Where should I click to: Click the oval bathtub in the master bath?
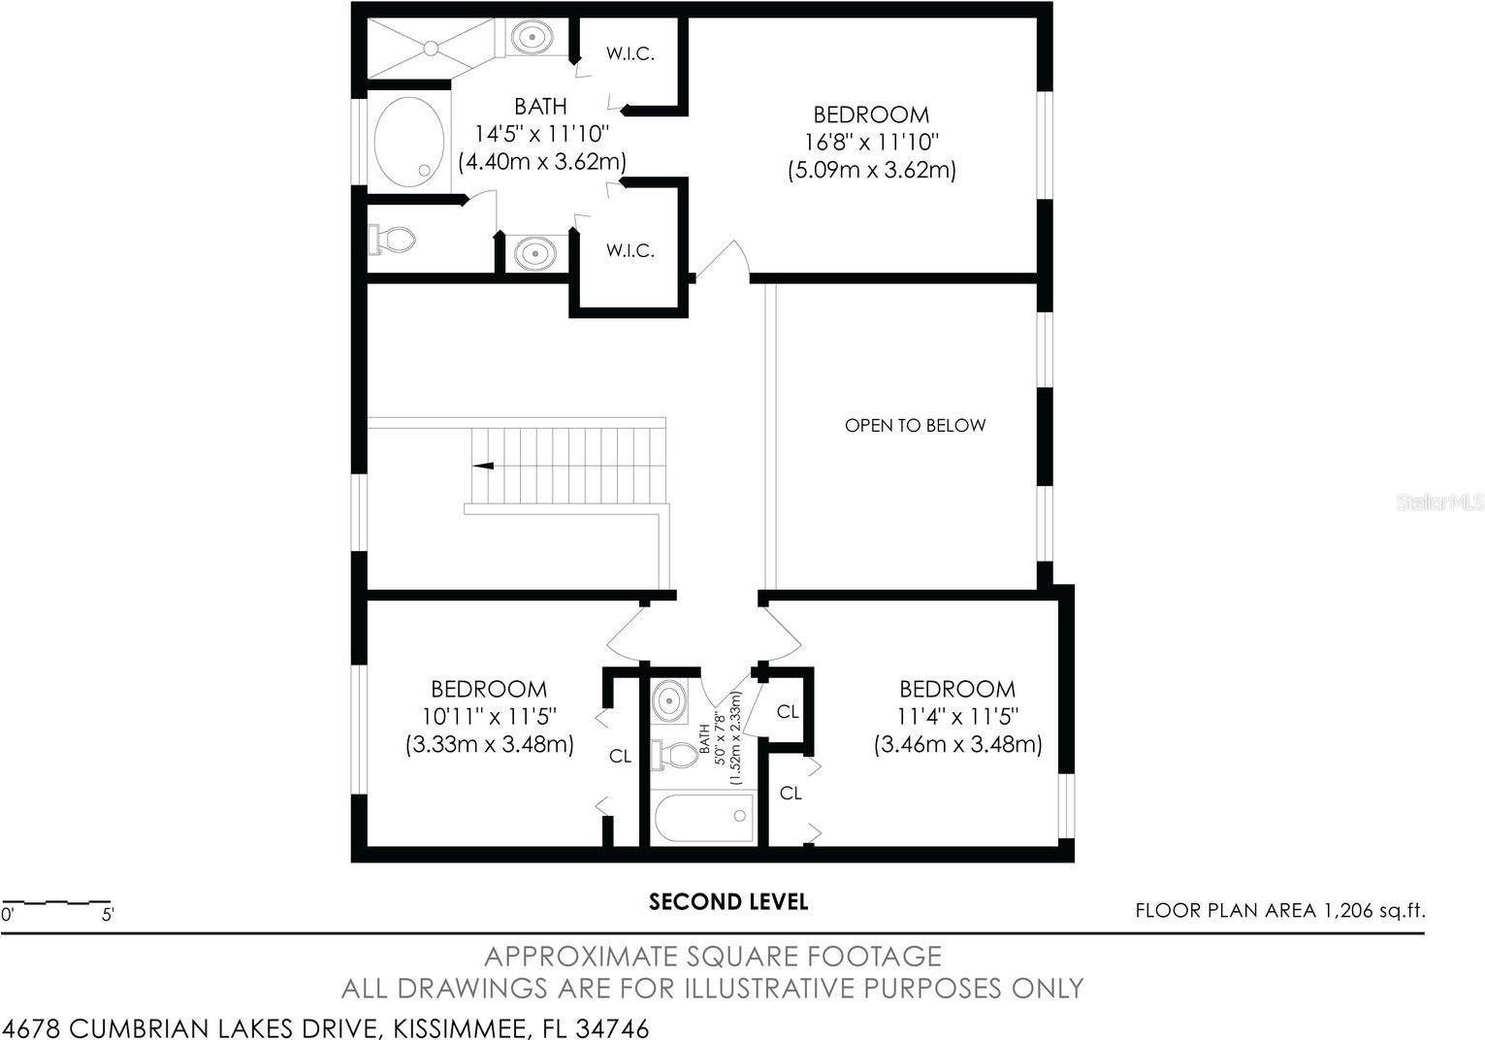[x=409, y=142]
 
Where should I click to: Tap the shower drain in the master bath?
[x=431, y=48]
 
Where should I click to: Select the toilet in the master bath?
[x=392, y=239]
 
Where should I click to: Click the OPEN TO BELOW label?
[x=915, y=425]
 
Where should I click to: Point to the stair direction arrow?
[x=483, y=466]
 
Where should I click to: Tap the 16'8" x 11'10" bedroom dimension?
[x=872, y=142]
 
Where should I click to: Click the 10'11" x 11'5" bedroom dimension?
[x=489, y=716]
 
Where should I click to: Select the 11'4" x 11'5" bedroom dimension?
[x=957, y=716]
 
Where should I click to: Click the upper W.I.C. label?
[x=630, y=53]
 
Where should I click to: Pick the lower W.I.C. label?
[x=630, y=250]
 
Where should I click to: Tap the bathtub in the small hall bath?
[x=704, y=818]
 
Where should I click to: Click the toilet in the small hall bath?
[x=675, y=756]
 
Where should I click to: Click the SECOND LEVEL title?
[x=727, y=902]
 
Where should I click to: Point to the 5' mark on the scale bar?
[x=108, y=915]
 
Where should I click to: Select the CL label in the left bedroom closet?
[x=620, y=756]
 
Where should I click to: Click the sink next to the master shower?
[x=532, y=37]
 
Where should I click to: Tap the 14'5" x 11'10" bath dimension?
[x=541, y=134]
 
